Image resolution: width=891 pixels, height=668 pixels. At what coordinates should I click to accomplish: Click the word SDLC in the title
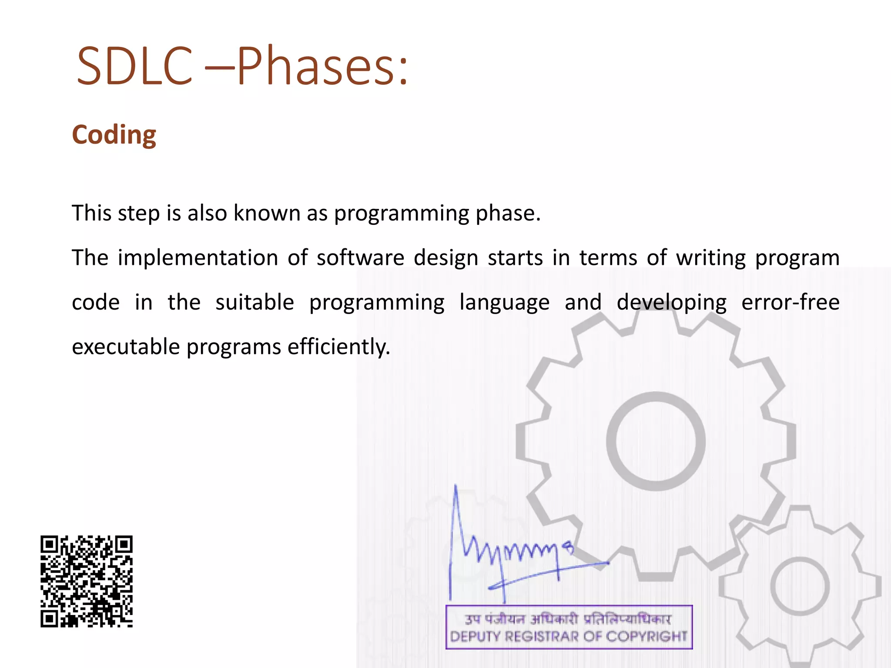(134, 66)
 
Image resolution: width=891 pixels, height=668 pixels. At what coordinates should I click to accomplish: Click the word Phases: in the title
(322, 66)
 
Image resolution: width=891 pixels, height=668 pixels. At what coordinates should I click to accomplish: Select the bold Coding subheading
(114, 135)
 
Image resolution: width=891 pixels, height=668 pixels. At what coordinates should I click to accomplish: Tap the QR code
(87, 581)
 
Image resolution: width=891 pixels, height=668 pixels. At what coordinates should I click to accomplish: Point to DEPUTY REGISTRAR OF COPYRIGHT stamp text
(568, 637)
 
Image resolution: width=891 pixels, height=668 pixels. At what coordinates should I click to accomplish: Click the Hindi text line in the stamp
(568, 619)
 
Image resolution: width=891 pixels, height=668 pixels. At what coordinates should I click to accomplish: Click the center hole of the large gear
(656, 441)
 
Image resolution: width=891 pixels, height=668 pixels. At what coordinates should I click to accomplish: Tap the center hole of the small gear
(800, 586)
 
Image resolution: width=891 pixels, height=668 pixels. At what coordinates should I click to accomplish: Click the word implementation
(198, 257)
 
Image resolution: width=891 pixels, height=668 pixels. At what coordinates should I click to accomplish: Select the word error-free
(790, 302)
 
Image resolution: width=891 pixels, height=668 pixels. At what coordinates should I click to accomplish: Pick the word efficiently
(338, 347)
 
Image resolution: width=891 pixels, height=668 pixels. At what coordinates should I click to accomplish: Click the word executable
(126, 347)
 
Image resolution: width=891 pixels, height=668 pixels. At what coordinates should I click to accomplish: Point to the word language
(504, 302)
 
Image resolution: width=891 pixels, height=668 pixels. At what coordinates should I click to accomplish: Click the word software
(360, 257)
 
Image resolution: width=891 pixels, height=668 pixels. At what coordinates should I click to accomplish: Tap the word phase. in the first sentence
(508, 213)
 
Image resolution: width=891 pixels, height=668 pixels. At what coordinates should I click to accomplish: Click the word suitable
(255, 302)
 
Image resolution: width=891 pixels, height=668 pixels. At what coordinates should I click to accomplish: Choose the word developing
(671, 302)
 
